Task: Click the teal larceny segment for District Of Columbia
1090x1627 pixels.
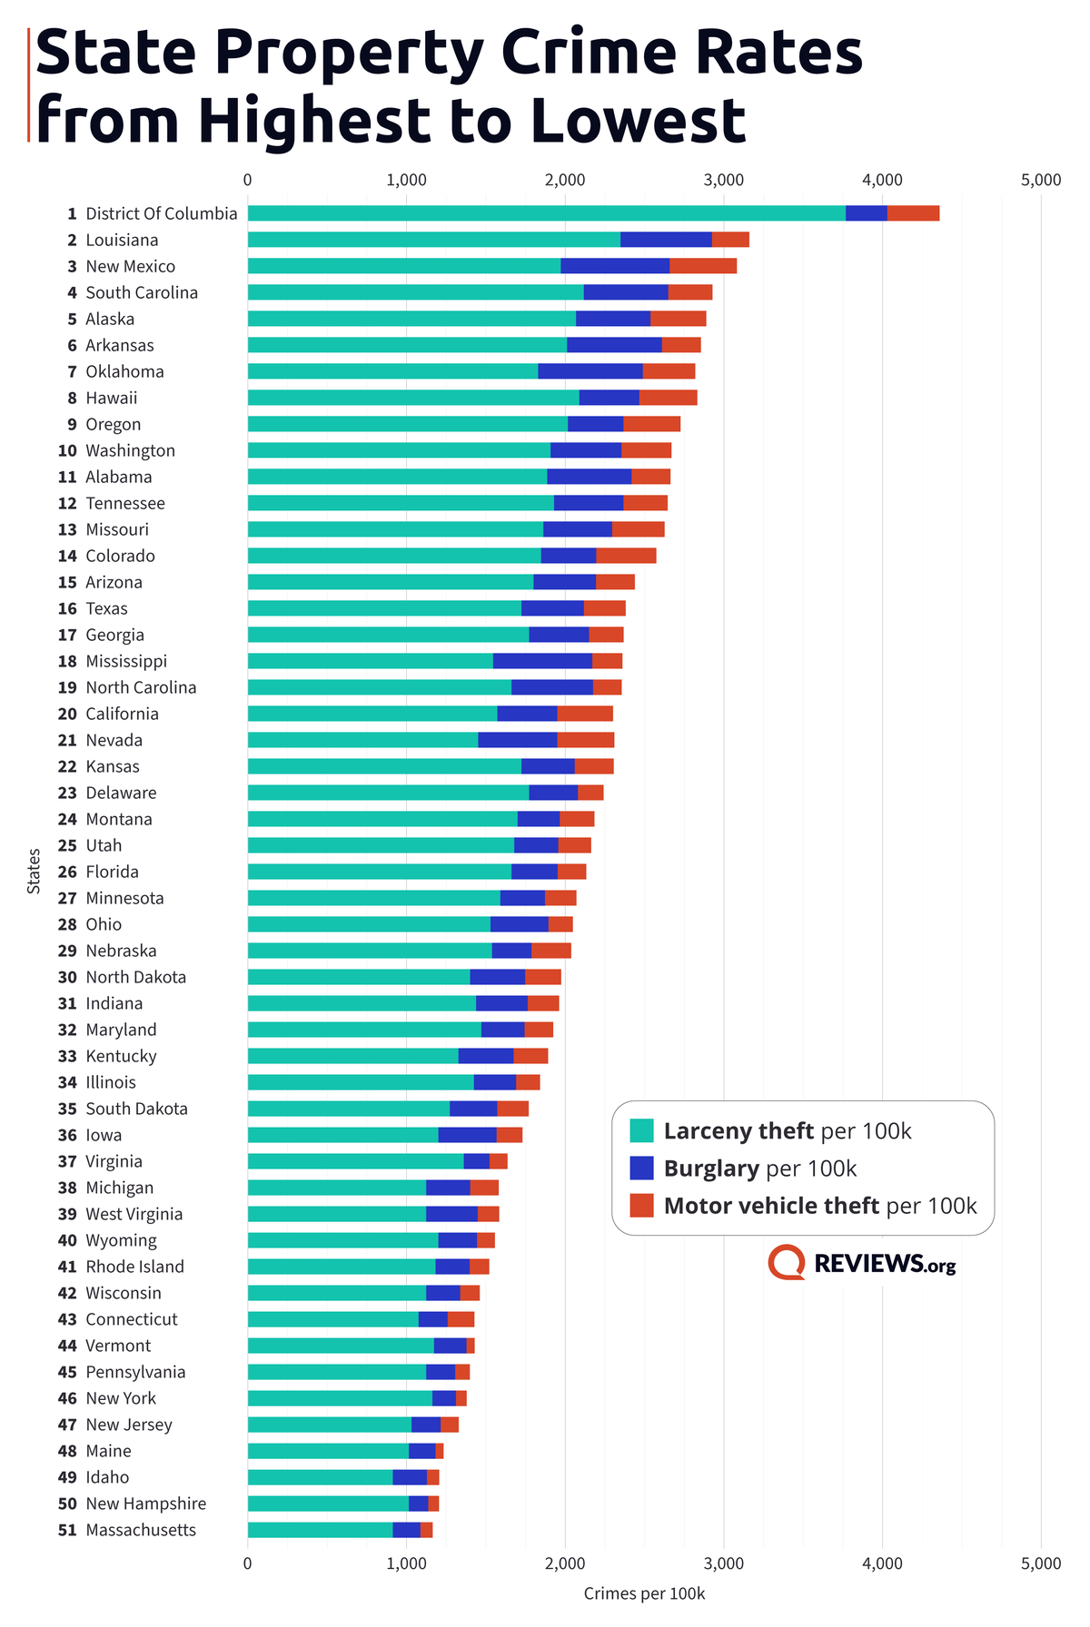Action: [546, 213]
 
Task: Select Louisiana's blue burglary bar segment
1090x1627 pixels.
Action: [666, 240]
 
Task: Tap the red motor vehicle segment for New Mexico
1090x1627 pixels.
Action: [703, 266]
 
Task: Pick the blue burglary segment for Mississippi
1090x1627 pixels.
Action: [542, 661]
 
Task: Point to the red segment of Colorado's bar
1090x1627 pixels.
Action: [626, 556]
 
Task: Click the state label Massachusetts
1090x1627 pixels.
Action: [141, 1530]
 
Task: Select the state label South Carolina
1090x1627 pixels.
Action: [142, 292]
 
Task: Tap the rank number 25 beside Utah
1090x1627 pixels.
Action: [67, 845]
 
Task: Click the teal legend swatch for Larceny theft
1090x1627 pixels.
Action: [641, 1130]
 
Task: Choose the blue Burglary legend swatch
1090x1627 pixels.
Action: [641, 1168]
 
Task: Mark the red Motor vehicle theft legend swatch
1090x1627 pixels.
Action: [641, 1205]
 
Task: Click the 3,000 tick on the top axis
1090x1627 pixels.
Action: [724, 180]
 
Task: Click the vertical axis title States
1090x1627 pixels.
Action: [35, 871]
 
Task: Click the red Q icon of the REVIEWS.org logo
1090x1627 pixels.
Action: [787, 1262]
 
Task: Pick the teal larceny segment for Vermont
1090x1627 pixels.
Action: [341, 1346]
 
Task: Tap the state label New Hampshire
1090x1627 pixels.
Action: [145, 1504]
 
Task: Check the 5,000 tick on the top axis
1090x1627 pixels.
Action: [1041, 180]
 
